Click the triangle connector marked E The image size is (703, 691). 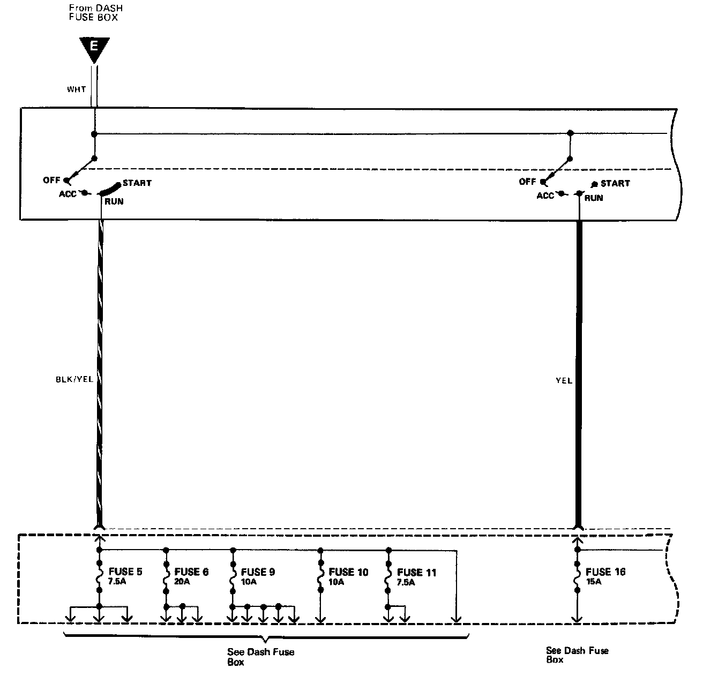(94, 49)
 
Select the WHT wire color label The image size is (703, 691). (76, 89)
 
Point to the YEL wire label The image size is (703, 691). (564, 381)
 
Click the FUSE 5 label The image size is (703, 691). (125, 572)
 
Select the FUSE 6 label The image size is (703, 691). (191, 572)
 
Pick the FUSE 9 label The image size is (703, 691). (258, 572)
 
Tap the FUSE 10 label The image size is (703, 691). (348, 572)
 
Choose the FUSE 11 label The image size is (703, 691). (416, 572)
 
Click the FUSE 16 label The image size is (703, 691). (605, 572)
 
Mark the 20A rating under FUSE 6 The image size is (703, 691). (182, 582)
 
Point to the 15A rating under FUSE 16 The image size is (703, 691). (594, 582)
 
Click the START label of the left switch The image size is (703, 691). (137, 183)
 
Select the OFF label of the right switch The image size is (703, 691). (527, 182)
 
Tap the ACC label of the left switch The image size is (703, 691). (68, 194)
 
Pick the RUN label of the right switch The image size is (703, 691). (594, 198)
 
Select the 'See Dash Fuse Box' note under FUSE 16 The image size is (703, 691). (577, 655)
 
